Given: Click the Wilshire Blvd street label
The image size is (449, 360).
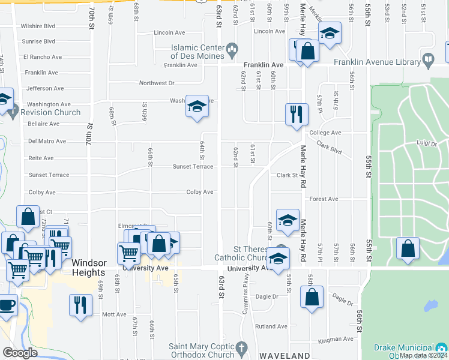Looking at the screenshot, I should pos(38,26).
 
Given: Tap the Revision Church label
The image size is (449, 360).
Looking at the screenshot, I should pos(50,112).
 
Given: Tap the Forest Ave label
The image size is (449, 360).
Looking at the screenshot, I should pos(324,199).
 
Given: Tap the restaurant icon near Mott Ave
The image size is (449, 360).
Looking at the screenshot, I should pos(79,304).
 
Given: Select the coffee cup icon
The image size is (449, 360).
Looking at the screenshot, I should pos(7,304).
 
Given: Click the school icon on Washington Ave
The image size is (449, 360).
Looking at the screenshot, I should pos(196,106).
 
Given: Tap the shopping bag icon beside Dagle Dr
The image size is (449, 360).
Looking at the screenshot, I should pos(312,297).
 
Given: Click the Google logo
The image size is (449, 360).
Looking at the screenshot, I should pos(20,353).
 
